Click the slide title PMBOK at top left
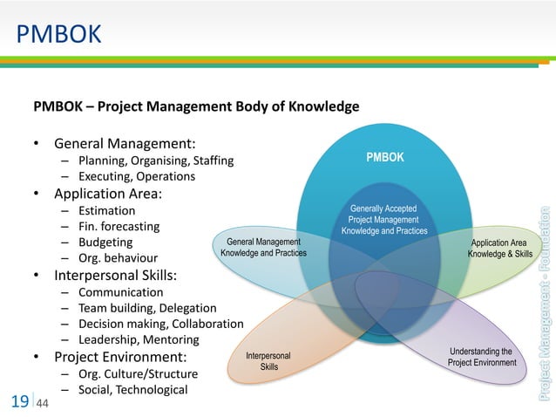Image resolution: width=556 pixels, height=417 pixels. coord(59,35)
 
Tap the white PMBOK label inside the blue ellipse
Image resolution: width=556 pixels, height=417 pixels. coord(384,158)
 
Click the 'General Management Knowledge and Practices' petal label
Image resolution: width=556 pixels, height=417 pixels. coord(263,247)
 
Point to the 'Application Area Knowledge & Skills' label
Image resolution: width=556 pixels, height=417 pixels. coord(499,248)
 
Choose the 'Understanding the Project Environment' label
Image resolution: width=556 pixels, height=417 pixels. coord(482,357)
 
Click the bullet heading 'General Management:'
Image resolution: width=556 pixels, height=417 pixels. coord(125,143)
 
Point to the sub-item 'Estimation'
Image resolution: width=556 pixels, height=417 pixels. coord(106,211)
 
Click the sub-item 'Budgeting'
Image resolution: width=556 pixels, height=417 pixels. coord(105,243)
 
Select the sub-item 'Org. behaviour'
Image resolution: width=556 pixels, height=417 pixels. coord(119,258)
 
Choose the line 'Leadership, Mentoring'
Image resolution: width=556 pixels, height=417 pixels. coord(139,339)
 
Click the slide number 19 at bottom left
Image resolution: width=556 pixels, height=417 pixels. coord(20,402)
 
